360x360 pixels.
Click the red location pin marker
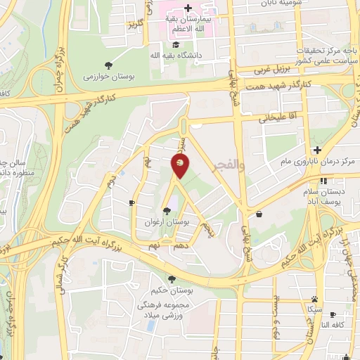[180, 165]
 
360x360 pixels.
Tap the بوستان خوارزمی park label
[107, 77]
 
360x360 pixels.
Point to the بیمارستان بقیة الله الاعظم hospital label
[188, 24]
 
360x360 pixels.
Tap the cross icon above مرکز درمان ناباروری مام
[317, 150]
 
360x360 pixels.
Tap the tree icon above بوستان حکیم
[172, 279]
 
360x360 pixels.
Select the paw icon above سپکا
[314, 299]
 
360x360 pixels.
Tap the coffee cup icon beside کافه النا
[333, 314]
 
